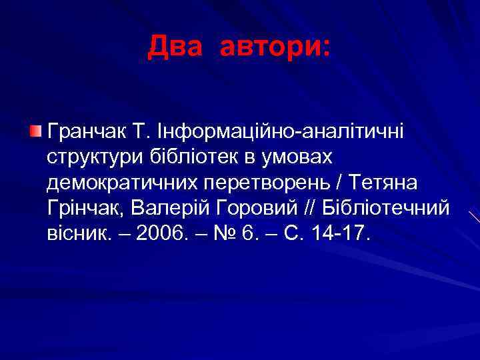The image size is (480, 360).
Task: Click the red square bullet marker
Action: (x=35, y=129)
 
